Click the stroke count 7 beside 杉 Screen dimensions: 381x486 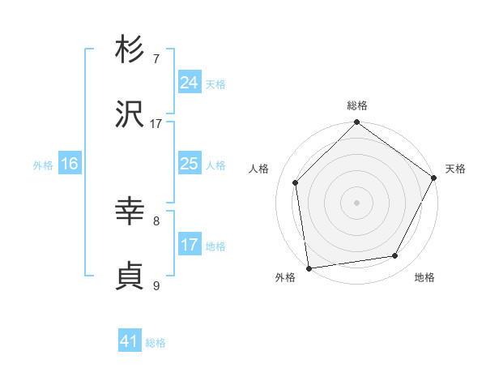(156, 58)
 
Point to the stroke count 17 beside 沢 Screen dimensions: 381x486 (156, 123)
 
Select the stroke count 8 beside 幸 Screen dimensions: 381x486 (156, 220)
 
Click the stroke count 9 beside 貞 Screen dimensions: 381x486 (156, 285)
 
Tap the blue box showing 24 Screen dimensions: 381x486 (189, 83)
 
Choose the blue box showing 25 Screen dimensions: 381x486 (189, 164)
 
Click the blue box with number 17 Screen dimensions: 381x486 (189, 245)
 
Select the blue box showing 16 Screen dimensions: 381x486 (70, 164)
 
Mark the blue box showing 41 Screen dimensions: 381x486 (130, 342)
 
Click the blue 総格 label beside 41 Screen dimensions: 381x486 (156, 343)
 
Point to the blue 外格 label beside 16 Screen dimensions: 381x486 (43, 165)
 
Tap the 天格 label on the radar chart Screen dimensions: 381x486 (455, 169)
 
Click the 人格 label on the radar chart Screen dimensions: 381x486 (259, 169)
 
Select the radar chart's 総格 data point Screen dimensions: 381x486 (356, 123)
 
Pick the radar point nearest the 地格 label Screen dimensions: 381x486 (395, 256)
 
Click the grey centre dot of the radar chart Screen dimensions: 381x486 (356, 202)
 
